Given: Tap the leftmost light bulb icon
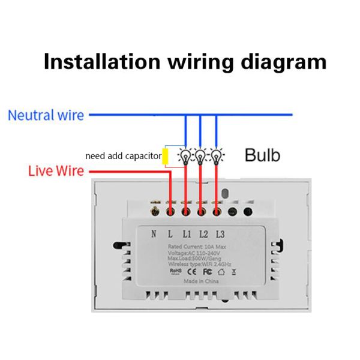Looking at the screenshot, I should click(185, 156).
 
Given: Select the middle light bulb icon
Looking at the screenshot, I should click(200, 156).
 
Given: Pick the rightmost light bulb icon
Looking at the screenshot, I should click(215, 156).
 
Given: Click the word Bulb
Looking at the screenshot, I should click(262, 155).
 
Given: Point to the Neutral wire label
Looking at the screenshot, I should click(46, 115).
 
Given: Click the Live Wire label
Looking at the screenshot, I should click(56, 172).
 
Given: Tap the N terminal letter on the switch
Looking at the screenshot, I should click(154, 234).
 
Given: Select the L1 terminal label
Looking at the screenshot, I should click(187, 234).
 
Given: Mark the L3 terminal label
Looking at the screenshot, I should click(220, 234).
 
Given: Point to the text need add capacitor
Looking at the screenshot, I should click(123, 156).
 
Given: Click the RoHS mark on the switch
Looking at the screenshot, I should click(175, 271).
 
